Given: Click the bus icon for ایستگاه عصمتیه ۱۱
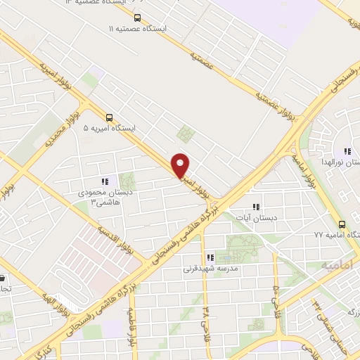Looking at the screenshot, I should [137, 18].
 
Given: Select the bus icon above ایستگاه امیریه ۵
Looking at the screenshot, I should [109, 117].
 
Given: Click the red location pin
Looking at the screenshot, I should [181, 165].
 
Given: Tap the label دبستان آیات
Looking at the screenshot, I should [257, 219].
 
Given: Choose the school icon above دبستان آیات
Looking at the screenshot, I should [257, 207].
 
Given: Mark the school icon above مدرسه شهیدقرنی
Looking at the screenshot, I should [210, 257].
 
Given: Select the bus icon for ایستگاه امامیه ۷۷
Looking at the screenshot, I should [342, 224].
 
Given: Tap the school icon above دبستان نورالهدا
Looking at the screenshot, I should [347, 151].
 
